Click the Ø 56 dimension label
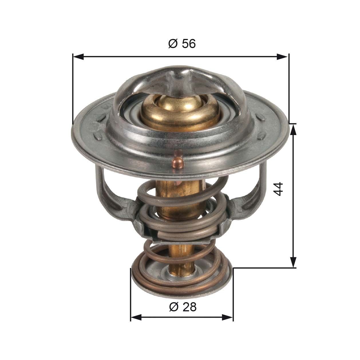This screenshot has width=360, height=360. (x=182, y=44)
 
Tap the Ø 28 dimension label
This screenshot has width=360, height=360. (x=183, y=307)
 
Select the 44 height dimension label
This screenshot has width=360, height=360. (x=278, y=189)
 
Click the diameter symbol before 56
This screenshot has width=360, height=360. (x=173, y=44)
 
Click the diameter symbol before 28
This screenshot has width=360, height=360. (x=173, y=307)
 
